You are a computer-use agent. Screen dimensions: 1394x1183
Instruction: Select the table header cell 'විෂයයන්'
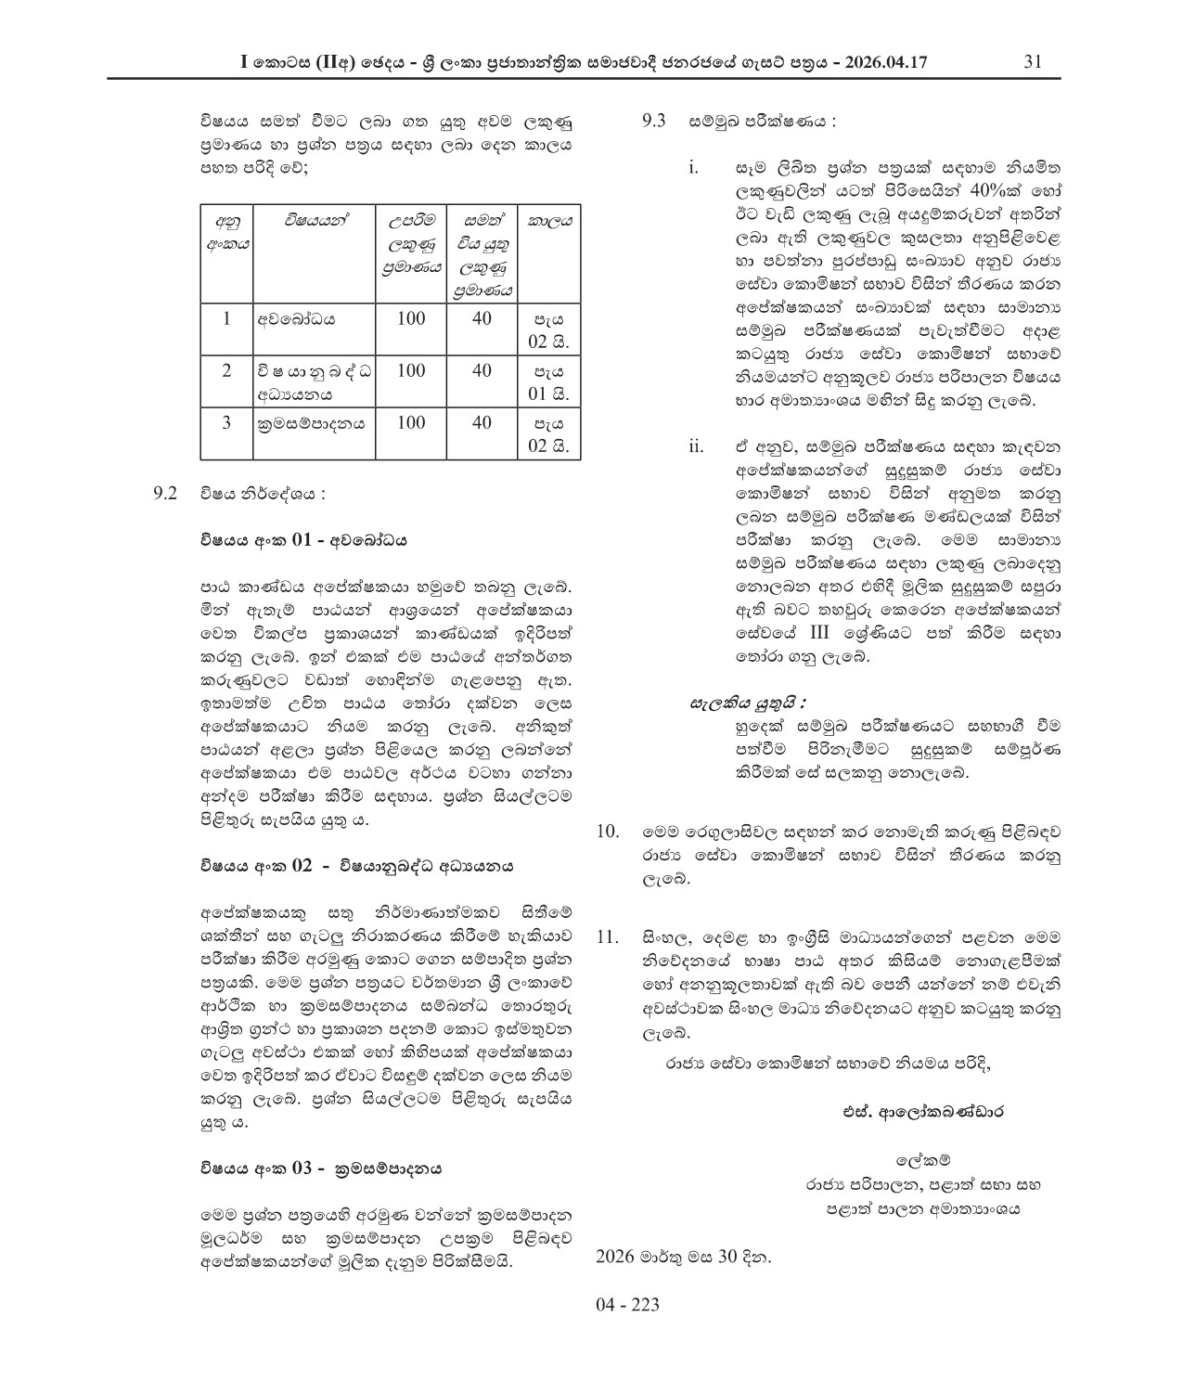(x=315, y=221)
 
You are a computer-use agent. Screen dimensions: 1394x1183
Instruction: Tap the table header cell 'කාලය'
(x=549, y=221)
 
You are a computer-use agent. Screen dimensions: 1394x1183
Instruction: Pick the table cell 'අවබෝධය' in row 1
(x=298, y=319)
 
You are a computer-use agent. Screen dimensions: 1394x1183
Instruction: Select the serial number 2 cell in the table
(x=226, y=371)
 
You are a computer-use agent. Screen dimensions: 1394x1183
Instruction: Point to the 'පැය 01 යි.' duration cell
(x=549, y=382)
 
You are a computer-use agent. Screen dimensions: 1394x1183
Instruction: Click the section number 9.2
(x=165, y=494)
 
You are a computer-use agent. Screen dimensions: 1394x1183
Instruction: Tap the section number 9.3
(x=655, y=121)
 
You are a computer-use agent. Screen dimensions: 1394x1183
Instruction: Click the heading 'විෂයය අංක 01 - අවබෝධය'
(x=303, y=540)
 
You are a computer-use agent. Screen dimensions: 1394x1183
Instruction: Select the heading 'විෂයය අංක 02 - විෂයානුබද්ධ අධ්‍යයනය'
(x=357, y=866)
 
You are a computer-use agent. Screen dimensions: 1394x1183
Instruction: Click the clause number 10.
(x=608, y=831)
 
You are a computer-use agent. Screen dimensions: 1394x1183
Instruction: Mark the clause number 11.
(x=608, y=936)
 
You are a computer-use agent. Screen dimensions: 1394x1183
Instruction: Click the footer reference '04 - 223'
(x=627, y=1305)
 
